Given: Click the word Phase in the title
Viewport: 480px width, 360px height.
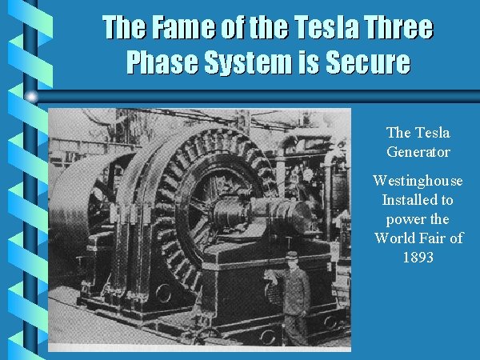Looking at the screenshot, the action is point(162,62).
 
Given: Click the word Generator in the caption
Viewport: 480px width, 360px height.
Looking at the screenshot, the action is point(418,152).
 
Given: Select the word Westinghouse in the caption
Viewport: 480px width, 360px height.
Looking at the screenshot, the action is point(418,182).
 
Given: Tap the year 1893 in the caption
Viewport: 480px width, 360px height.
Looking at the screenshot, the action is point(418,257).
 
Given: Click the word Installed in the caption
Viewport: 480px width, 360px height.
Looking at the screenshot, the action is point(406,200).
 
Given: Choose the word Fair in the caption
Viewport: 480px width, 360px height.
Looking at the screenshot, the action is point(434,238).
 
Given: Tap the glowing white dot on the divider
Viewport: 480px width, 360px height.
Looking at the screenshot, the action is point(31,97).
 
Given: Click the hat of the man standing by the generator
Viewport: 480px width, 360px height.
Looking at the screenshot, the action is point(292,255).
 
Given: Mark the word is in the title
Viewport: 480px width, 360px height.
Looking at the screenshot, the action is point(309,62).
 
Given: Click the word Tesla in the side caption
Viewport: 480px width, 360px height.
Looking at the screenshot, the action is point(434,133).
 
